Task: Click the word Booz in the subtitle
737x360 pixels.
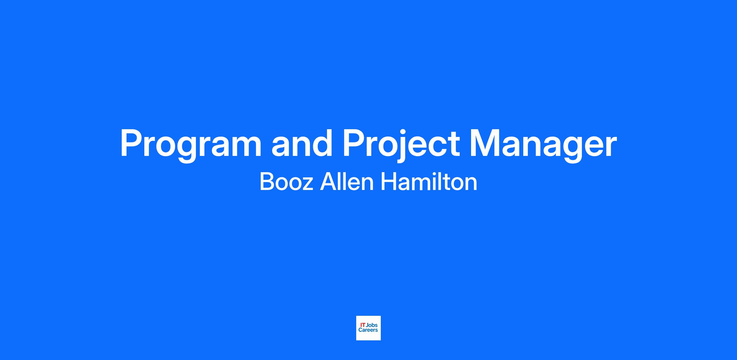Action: click(x=287, y=182)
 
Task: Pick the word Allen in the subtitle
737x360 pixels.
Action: click(x=347, y=181)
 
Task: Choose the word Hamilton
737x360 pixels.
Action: click(x=429, y=181)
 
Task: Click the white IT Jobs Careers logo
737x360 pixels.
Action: click(x=368, y=328)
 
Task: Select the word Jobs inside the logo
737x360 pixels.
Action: click(x=372, y=325)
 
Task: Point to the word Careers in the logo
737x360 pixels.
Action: click(x=368, y=330)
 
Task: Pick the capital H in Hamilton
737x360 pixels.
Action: click(x=388, y=182)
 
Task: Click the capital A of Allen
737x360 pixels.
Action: click(x=328, y=182)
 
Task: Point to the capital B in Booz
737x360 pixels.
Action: click(x=267, y=182)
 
